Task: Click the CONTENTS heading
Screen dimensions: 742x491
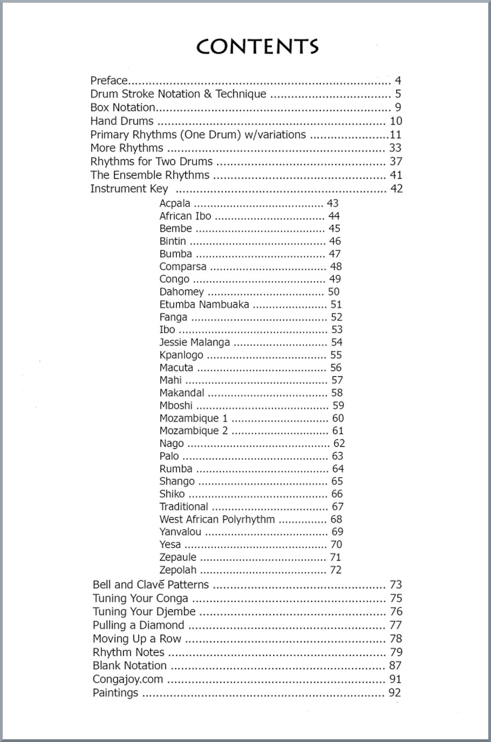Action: tap(257, 47)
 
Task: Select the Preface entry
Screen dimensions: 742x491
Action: tap(109, 81)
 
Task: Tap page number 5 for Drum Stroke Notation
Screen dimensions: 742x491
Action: tap(398, 94)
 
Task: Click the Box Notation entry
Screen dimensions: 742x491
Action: tap(123, 107)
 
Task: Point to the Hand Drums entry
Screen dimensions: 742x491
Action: tap(122, 121)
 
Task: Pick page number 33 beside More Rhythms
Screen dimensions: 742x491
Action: tap(395, 148)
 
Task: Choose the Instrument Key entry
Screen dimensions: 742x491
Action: tap(129, 188)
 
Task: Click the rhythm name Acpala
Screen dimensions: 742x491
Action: tap(175, 203)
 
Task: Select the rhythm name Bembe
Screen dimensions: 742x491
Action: tap(176, 228)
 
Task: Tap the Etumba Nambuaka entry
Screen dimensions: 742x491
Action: tap(204, 304)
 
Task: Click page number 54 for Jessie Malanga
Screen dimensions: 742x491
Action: tap(337, 342)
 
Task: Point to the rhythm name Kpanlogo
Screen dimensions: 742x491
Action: tap(181, 355)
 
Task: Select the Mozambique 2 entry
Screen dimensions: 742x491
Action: tap(193, 431)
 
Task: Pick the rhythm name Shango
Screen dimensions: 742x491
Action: tap(177, 481)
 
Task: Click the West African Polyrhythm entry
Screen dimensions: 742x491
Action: tap(217, 519)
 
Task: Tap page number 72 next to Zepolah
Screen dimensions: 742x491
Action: tap(336, 570)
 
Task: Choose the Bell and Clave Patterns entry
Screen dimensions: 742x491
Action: tap(151, 585)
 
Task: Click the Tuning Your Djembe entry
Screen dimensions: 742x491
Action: tap(144, 612)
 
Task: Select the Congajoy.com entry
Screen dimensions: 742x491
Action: tap(128, 680)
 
